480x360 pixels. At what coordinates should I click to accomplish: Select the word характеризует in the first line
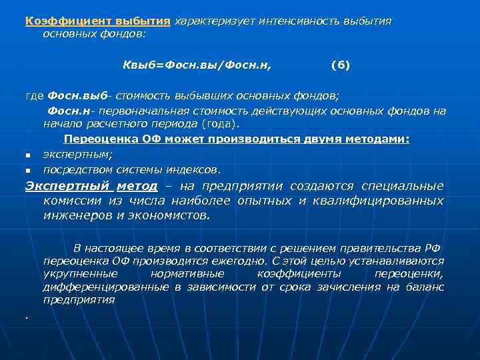[x=205, y=21]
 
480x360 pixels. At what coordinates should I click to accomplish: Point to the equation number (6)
[x=340, y=65]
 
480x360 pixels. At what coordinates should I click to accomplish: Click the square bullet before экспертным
[x=28, y=155]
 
